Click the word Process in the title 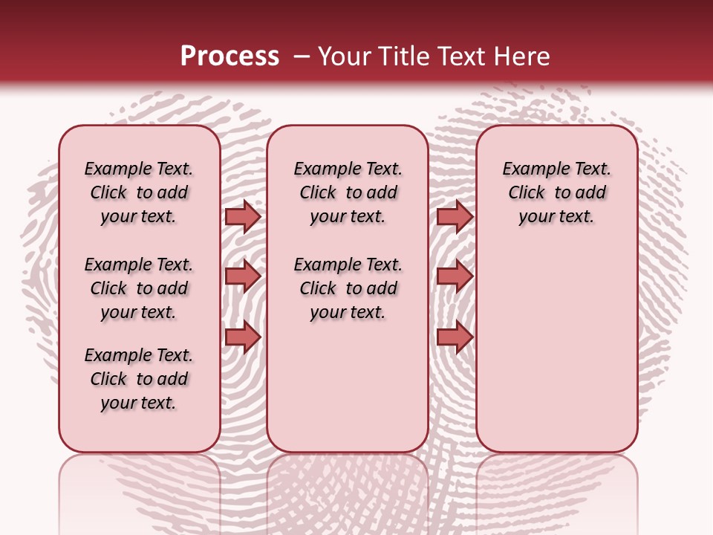click(x=229, y=56)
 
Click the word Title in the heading click(x=400, y=56)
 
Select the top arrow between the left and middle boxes click(x=243, y=216)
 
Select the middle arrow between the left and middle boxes click(x=243, y=276)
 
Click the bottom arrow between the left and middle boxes click(x=243, y=337)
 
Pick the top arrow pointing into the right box click(x=455, y=216)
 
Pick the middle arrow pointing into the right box click(x=455, y=276)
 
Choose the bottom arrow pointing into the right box click(x=455, y=337)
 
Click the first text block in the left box click(x=139, y=192)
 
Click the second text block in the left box click(x=139, y=288)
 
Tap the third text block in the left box click(x=139, y=379)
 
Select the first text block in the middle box click(x=348, y=192)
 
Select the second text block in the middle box click(x=348, y=288)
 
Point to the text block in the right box click(x=556, y=192)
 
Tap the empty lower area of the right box click(x=556, y=349)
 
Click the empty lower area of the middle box click(x=348, y=386)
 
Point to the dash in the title click(x=302, y=56)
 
